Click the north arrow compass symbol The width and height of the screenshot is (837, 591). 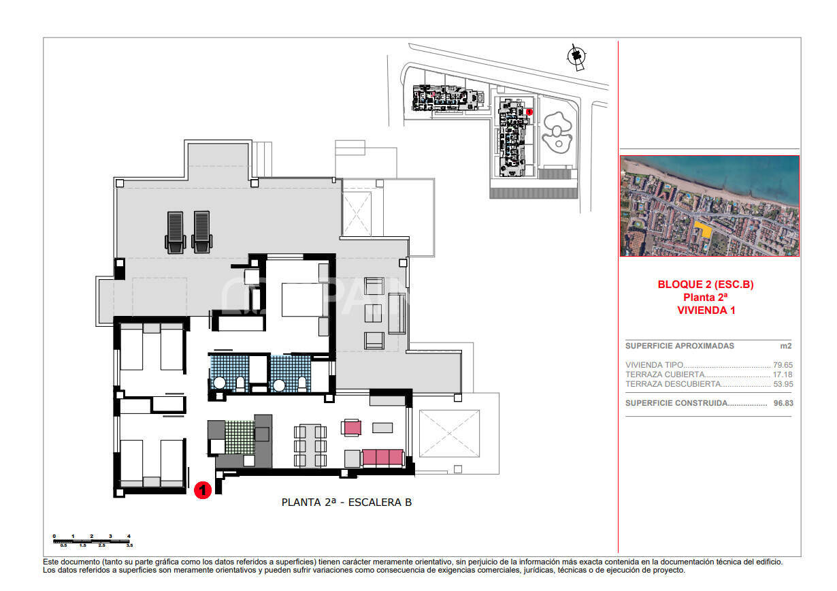[x=577, y=57]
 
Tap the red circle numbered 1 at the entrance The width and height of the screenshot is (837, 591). [x=202, y=490]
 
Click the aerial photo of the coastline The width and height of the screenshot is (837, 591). [x=709, y=206]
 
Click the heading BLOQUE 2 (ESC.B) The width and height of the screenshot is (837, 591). [x=705, y=285]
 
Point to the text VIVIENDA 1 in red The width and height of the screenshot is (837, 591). [x=706, y=310]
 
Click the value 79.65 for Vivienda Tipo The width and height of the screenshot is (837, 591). [x=783, y=365]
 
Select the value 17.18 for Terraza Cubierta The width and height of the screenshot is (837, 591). [x=783, y=374]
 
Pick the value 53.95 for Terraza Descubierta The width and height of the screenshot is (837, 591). [x=783, y=384]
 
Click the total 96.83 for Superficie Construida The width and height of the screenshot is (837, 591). [x=783, y=403]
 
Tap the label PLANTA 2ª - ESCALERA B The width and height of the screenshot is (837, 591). [x=346, y=502]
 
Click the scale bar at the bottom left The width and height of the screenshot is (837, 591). [x=92, y=541]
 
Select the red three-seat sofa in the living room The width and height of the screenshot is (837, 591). [x=383, y=457]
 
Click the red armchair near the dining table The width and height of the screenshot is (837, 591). [x=352, y=428]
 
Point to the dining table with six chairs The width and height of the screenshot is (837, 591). [x=310, y=445]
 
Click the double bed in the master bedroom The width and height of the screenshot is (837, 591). [x=303, y=300]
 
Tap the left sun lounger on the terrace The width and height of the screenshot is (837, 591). [x=175, y=231]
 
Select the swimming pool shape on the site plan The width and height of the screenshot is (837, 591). [x=557, y=131]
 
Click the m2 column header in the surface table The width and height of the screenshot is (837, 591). [x=786, y=346]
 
